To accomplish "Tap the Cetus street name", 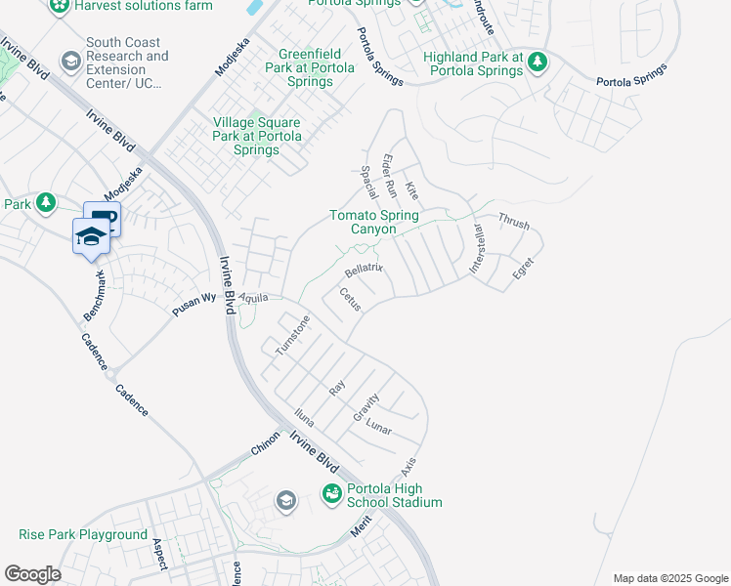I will tap(350, 299).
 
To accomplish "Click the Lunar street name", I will tap(378, 427).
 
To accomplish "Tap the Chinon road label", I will tap(266, 446).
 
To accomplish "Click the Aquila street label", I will tap(253, 298).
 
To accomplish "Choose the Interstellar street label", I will tap(479, 250).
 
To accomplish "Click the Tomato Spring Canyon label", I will tap(373, 222).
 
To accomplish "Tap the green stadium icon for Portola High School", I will tap(332, 495).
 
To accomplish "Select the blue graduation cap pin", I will tap(90, 236).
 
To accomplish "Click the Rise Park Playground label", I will tap(83, 534).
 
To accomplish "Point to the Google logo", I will tap(32, 574).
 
